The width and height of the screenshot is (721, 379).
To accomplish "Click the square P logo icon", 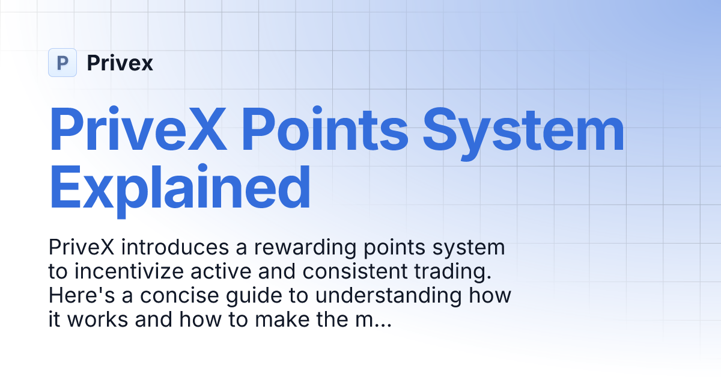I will [x=62, y=63].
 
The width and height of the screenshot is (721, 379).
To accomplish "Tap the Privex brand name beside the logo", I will [x=120, y=63].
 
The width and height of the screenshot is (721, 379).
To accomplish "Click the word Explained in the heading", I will [x=180, y=188].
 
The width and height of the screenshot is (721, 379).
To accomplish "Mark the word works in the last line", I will [x=97, y=320].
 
